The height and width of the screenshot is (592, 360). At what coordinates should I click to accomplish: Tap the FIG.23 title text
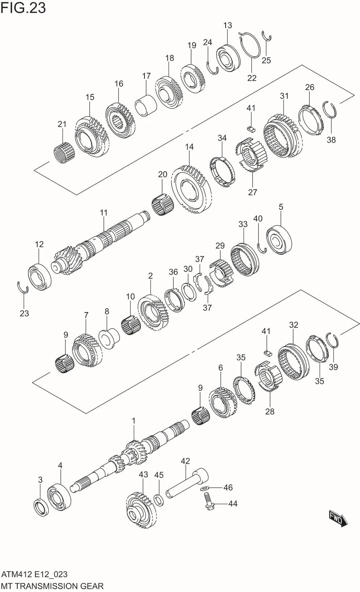(23, 8)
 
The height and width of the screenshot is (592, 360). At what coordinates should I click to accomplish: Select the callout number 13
(227, 25)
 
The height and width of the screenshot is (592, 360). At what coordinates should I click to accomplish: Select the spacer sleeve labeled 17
(146, 105)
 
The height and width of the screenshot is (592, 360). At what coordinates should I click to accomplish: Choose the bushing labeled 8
(109, 339)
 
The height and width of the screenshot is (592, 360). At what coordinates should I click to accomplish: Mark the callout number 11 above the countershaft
(104, 213)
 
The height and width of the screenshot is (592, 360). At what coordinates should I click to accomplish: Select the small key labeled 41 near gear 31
(251, 129)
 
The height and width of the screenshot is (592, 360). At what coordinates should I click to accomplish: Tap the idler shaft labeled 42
(187, 482)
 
